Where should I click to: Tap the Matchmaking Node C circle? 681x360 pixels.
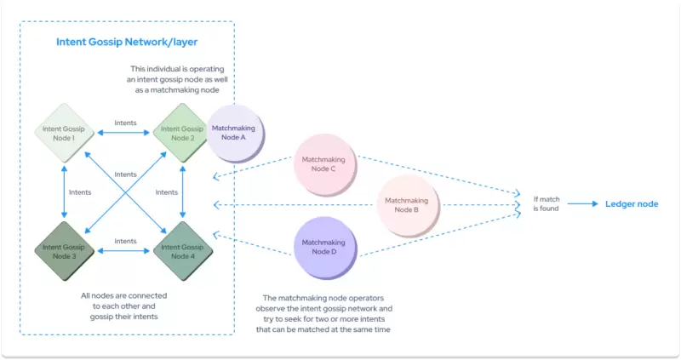coord(323,163)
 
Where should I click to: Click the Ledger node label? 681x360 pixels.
coord(631,204)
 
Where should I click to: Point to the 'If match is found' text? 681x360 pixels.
coord(546,203)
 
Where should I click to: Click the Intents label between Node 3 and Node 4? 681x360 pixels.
coord(124,241)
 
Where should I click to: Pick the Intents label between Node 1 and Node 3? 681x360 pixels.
coord(81,192)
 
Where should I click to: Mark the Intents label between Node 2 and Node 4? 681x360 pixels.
coord(167,192)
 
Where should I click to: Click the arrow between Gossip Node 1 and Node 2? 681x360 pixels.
coord(124,133)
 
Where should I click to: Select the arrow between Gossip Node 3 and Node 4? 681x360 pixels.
coord(124,251)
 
